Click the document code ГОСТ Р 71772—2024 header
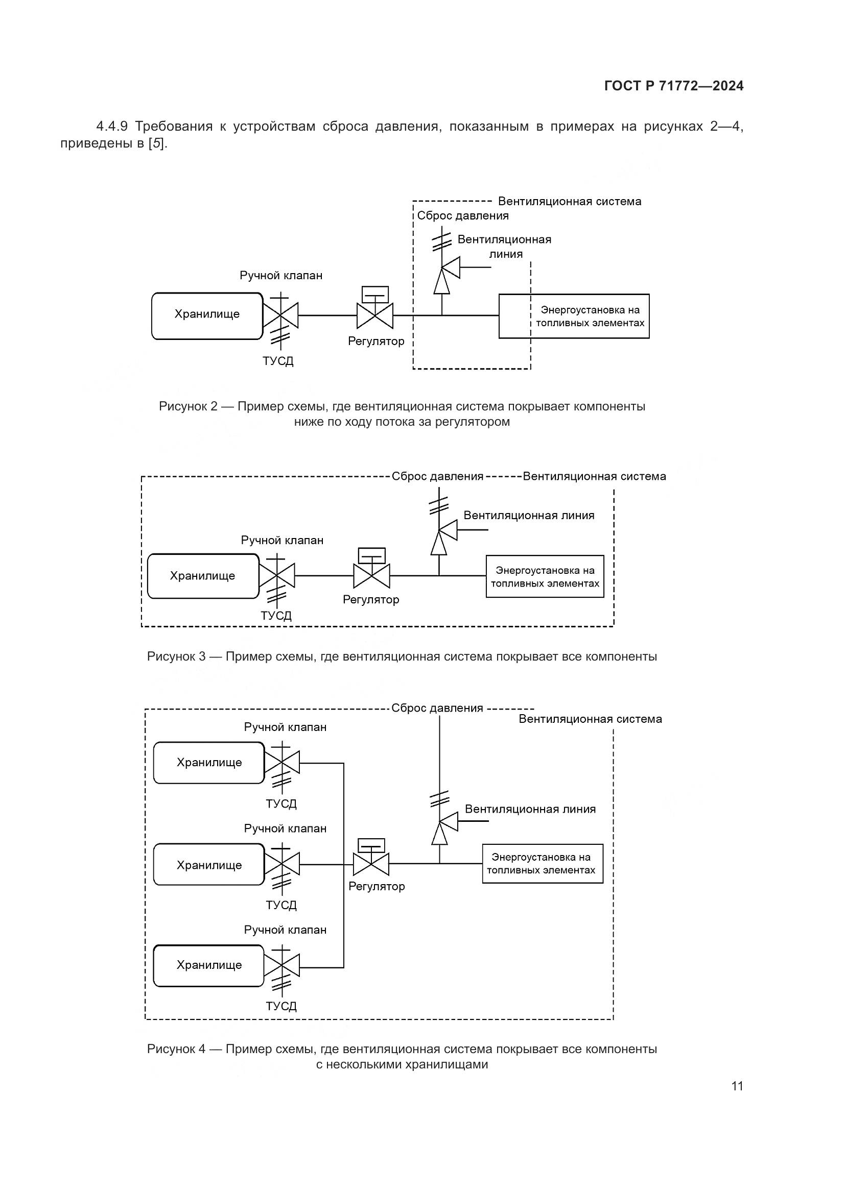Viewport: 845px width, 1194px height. (674, 86)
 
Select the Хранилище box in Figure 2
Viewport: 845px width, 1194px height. (207, 315)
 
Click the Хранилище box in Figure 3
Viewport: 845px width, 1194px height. (203, 576)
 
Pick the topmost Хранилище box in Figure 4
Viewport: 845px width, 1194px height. (209, 763)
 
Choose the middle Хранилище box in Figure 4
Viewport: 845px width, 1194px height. (209, 865)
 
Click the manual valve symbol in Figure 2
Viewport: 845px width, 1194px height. (280, 315)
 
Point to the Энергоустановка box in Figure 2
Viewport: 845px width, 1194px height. (574, 316)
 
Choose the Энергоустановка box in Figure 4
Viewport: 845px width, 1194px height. (542, 864)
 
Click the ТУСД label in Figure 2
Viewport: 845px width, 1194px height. (278, 361)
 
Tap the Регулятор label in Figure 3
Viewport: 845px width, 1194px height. (370, 600)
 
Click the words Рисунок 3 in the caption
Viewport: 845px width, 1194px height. (176, 656)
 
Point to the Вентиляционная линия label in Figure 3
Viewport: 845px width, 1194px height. (529, 516)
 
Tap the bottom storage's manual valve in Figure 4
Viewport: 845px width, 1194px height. (282, 965)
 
